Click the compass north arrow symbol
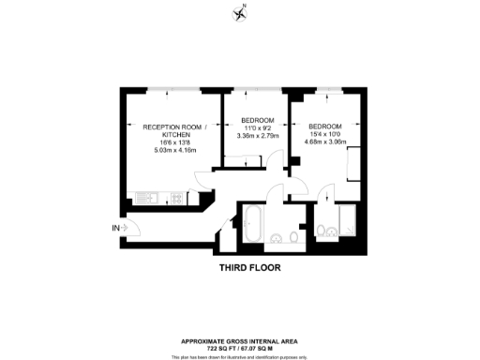tap(240, 13)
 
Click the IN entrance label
tap(116, 228)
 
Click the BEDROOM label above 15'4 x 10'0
tap(324, 127)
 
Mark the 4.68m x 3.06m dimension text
tap(324, 142)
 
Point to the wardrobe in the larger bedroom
tap(349, 165)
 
